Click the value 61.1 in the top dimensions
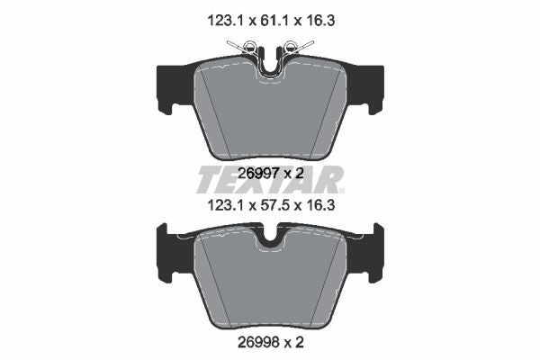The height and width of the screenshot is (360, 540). tap(271, 21)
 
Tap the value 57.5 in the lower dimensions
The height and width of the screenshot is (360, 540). tap(271, 206)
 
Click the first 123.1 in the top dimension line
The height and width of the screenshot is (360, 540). tap(225, 21)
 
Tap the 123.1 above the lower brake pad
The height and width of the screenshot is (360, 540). tap(225, 206)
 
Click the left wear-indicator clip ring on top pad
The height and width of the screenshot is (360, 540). tap(249, 46)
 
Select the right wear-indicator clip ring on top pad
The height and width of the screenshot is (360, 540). tap(292, 46)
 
